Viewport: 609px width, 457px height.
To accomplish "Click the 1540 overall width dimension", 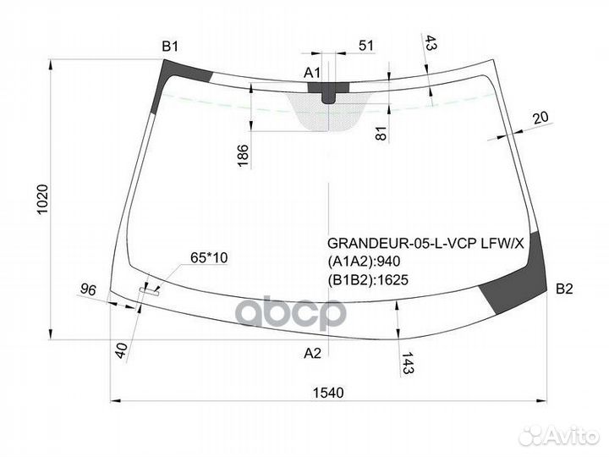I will [x=328, y=392].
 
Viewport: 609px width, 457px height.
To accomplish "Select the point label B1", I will [x=171, y=46].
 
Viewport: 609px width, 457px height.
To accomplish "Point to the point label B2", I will [x=564, y=289].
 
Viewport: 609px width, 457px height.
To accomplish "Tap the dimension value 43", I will [x=431, y=43].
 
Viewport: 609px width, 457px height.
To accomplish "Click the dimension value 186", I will [x=242, y=154].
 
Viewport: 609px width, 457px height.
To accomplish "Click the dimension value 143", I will [x=408, y=365].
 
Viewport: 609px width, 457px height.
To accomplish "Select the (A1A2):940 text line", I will [x=364, y=261].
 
